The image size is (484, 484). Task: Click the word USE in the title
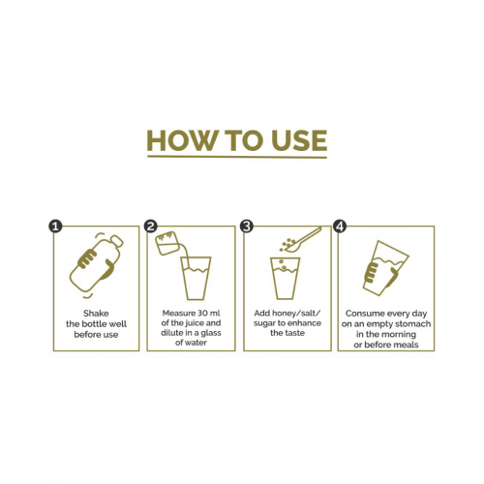[299, 140]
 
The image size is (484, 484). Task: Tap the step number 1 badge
[55, 227]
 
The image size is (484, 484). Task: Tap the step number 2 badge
[150, 227]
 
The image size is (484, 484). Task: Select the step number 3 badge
[247, 227]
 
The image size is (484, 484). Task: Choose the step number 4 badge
[340, 227]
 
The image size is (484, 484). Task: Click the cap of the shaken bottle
[117, 241]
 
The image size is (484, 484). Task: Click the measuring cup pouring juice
[167, 243]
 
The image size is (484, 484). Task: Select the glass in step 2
[196, 278]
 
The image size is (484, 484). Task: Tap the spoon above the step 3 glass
[302, 240]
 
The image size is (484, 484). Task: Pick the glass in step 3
[285, 278]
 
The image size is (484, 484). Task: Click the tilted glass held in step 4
[386, 268]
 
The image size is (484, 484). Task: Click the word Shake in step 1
[96, 314]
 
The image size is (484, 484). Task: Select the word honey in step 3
[282, 314]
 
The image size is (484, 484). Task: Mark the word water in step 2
[196, 343]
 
